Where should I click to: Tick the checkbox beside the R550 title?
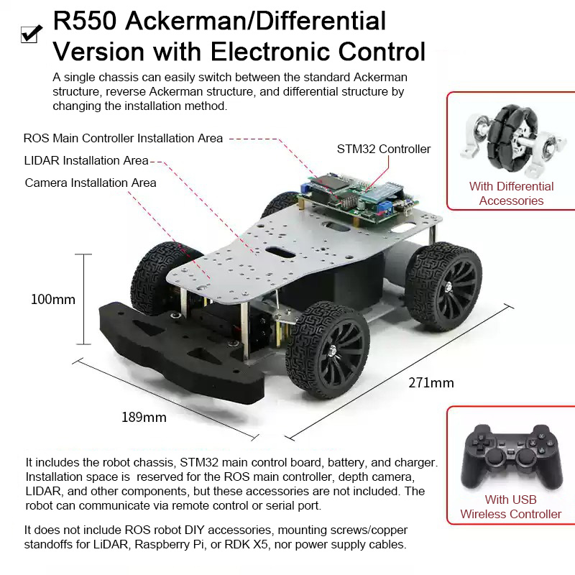click(x=30, y=34)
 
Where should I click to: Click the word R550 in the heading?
click(x=85, y=21)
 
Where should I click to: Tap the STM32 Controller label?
click(x=384, y=149)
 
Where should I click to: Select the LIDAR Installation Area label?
click(x=86, y=160)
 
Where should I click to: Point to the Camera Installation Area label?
click(x=91, y=183)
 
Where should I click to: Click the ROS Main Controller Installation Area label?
click(x=123, y=138)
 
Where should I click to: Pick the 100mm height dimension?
click(x=53, y=299)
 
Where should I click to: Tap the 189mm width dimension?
click(x=144, y=417)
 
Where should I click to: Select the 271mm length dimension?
click(x=431, y=383)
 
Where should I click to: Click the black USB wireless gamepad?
click(x=512, y=456)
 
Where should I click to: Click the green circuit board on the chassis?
click(x=356, y=198)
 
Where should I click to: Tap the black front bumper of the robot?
click(x=182, y=352)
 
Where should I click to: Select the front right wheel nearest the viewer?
click(x=328, y=350)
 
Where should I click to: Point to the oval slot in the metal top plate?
click(x=280, y=252)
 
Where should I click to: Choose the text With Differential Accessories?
click(x=511, y=193)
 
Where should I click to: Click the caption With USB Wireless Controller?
click(x=511, y=507)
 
